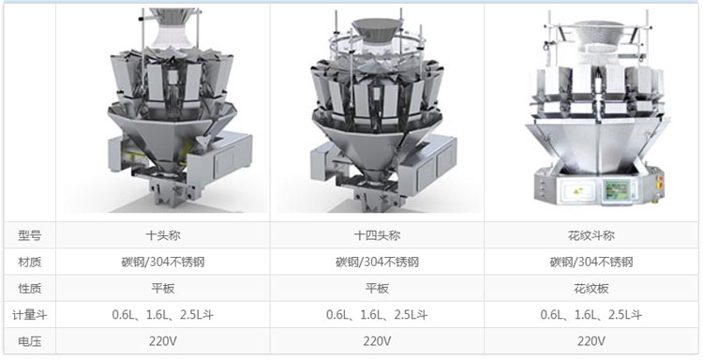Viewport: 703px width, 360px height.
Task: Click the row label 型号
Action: click(30, 235)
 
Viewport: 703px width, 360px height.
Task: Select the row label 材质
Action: click(30, 262)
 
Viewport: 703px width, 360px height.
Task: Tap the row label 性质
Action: click(30, 288)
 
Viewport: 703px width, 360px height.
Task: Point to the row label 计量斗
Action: click(30, 315)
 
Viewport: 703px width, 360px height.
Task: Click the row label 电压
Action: click(30, 341)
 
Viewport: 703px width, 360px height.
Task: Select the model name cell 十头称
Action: click(163, 235)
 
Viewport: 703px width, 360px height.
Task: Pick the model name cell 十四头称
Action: click(377, 235)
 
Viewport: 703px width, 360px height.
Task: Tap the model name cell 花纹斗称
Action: click(591, 235)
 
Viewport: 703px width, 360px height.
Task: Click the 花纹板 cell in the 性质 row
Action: click(591, 288)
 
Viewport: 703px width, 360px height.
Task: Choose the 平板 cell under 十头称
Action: click(163, 288)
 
